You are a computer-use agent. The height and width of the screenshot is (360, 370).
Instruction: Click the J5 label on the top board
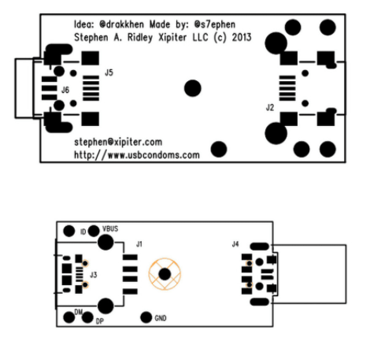coord(109,72)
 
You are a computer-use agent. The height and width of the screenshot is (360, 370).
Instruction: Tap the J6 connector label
coord(65,90)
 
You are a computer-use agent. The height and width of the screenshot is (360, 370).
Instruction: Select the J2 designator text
coord(270,107)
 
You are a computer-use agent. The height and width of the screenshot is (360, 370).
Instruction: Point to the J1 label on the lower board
coord(139,244)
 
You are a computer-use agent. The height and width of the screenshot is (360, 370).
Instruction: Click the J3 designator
coord(94,275)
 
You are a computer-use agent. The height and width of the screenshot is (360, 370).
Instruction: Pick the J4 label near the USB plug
coord(235,244)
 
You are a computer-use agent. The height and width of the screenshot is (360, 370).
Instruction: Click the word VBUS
coord(110,228)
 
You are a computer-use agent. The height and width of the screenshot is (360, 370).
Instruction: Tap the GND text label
coord(161,318)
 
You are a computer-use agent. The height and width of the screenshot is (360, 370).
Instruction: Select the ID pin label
coord(83,232)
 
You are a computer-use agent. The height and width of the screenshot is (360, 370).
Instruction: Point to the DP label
coord(100,321)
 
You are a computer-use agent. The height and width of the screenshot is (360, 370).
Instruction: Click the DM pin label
coord(79,312)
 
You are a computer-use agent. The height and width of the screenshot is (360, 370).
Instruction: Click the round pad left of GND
coord(146,317)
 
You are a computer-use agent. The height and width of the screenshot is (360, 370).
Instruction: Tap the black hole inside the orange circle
coord(165,274)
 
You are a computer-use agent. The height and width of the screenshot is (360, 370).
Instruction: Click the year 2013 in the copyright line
coord(242,37)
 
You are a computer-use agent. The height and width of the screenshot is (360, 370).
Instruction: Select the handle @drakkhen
coord(122,24)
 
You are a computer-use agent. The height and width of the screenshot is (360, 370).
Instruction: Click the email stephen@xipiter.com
coord(118,142)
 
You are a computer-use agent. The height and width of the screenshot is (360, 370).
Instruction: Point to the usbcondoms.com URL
coord(137,154)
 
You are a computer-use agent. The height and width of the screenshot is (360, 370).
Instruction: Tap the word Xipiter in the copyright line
coord(172,37)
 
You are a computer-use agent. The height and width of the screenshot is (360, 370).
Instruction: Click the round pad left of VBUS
coord(94,231)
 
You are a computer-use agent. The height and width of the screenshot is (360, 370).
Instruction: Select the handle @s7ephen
coord(215,24)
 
